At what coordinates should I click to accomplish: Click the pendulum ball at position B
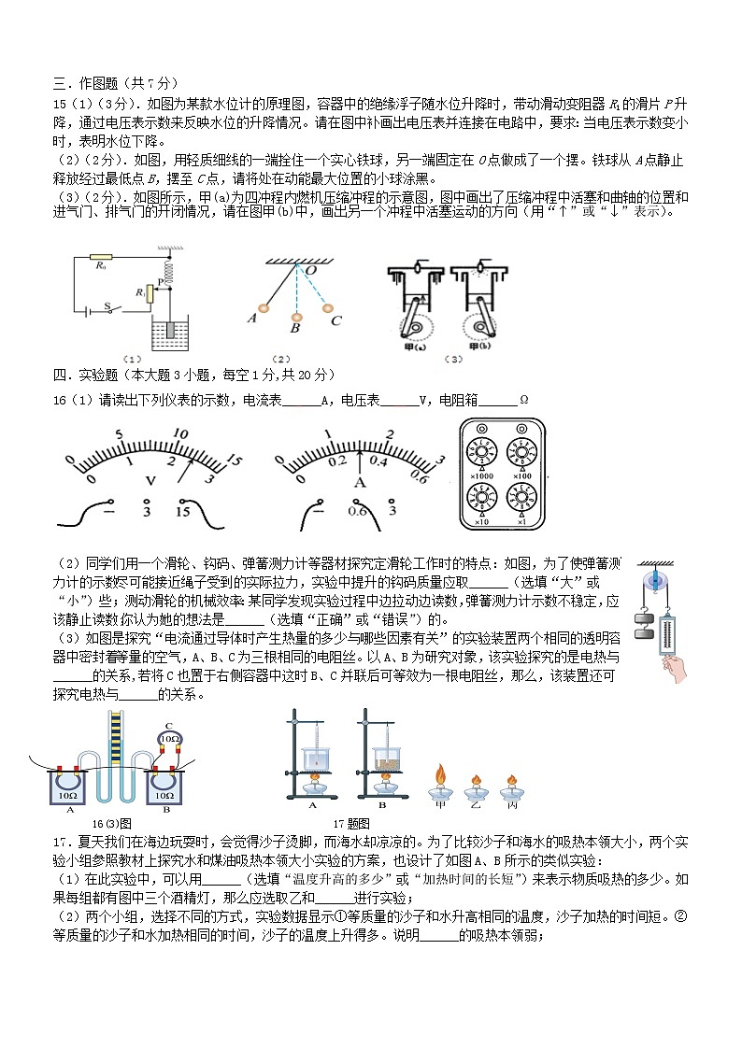pyautogui.click(x=295, y=315)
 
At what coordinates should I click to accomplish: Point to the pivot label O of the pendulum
pyautogui.click(x=309, y=271)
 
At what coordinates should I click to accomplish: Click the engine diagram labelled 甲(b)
pyautogui.click(x=479, y=299)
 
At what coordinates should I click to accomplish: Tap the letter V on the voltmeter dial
pyautogui.click(x=150, y=480)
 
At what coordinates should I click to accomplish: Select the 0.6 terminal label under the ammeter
pyautogui.click(x=357, y=511)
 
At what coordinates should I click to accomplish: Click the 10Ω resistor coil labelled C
pyautogui.click(x=169, y=739)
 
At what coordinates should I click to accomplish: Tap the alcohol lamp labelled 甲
pyautogui.click(x=440, y=781)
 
